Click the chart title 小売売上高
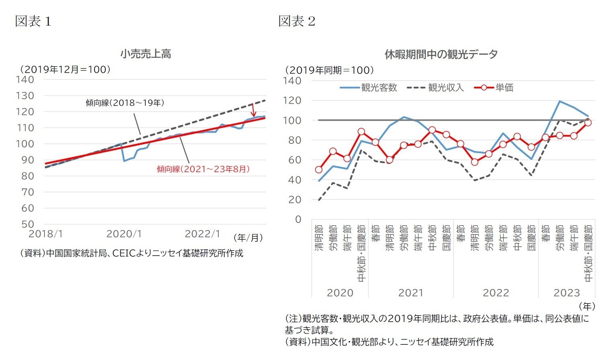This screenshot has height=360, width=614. (146, 54)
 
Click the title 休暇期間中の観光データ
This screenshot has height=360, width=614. (441, 54)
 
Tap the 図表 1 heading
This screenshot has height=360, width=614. (33, 21)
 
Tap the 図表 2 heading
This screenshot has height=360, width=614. (297, 21)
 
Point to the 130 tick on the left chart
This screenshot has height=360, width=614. (25, 96)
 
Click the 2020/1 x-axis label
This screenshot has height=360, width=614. (124, 234)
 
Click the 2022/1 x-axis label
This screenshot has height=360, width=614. (202, 234)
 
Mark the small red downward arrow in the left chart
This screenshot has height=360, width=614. (253, 110)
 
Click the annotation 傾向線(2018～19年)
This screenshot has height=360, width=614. (125, 103)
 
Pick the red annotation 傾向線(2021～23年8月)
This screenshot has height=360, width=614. (203, 169)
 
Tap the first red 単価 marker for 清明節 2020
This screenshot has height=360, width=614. (319, 170)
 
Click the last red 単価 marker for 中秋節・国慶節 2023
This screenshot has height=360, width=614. (588, 123)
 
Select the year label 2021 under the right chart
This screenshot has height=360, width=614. (411, 293)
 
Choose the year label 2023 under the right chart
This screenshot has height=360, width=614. (567, 293)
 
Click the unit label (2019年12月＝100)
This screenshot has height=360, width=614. (66, 70)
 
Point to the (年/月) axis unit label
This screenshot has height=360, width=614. (248, 238)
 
